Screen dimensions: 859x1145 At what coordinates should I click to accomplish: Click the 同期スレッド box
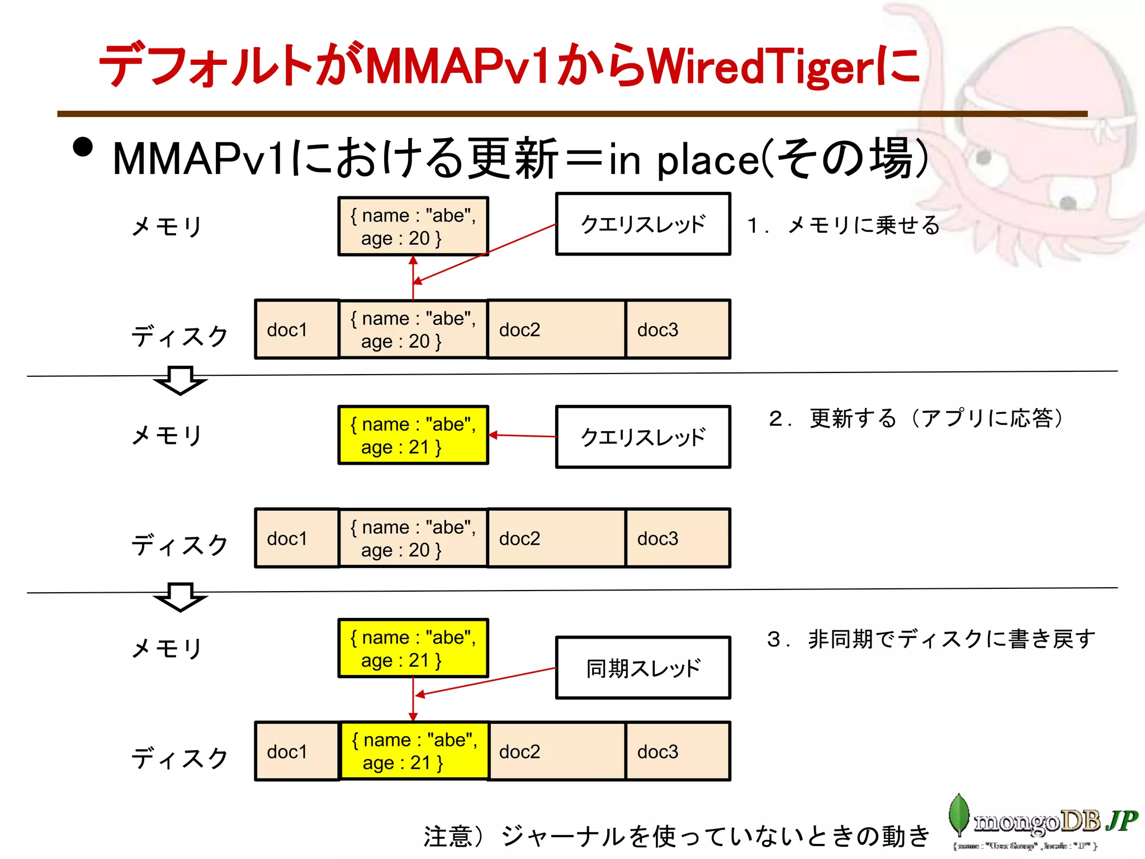click(x=643, y=668)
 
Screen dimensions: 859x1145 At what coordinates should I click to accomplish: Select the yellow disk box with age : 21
click(x=414, y=751)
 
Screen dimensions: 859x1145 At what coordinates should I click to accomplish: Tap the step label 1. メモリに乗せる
click(x=843, y=225)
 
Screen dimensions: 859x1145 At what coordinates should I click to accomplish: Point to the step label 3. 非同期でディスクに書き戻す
click(x=931, y=639)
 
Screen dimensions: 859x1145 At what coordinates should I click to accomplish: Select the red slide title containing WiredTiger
click(x=509, y=66)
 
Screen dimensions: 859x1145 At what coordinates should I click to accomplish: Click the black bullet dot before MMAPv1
click(x=83, y=147)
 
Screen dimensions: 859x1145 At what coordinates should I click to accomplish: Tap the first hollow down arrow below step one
click(x=180, y=380)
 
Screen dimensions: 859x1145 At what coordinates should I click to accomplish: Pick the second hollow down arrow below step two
click(x=180, y=597)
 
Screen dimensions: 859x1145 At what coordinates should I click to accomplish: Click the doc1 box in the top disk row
click(x=297, y=329)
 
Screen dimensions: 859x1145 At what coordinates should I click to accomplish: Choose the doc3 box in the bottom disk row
click(x=678, y=751)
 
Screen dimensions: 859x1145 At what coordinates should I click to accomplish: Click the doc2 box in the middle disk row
click(x=556, y=538)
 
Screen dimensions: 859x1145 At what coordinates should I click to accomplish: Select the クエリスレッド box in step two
click(x=643, y=437)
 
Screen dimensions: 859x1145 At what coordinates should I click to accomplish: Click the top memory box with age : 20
click(x=413, y=226)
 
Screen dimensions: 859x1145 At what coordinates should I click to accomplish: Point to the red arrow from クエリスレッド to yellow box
click(x=523, y=436)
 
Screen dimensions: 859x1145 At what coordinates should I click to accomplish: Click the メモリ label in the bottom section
click(x=167, y=649)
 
